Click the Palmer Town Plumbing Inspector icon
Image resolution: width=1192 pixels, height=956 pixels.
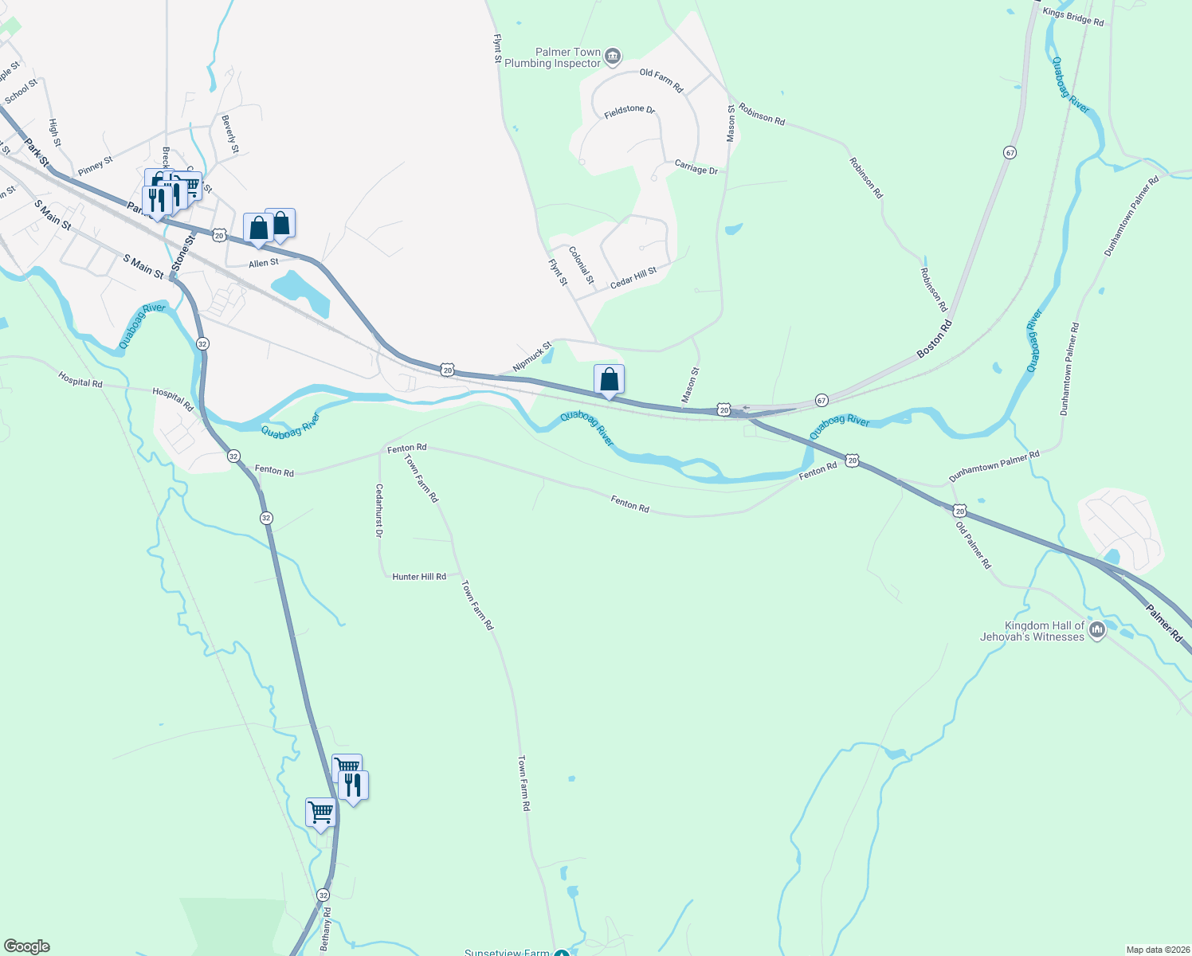[613, 55]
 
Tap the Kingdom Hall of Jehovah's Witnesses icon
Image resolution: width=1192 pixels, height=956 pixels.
[1097, 630]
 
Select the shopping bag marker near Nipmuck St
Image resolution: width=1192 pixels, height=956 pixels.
[610, 380]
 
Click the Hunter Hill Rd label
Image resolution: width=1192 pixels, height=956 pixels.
[419, 576]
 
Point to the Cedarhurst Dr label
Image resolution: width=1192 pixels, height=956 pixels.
[379, 511]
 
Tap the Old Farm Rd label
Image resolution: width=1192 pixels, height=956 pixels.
[661, 80]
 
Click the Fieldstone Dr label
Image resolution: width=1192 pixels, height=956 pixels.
[629, 112]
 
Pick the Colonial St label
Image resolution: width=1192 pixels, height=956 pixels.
[582, 264]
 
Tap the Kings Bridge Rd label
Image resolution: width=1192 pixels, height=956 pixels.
[1073, 17]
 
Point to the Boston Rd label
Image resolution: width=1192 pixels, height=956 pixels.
[934, 339]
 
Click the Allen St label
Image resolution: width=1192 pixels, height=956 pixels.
[264, 263]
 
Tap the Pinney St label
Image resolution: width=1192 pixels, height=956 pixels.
[96, 166]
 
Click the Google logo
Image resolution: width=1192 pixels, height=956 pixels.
[27, 946]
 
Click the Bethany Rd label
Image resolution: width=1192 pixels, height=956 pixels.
[325, 928]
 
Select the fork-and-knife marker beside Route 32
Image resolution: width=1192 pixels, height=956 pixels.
[353, 786]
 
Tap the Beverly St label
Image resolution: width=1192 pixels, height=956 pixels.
[230, 134]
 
